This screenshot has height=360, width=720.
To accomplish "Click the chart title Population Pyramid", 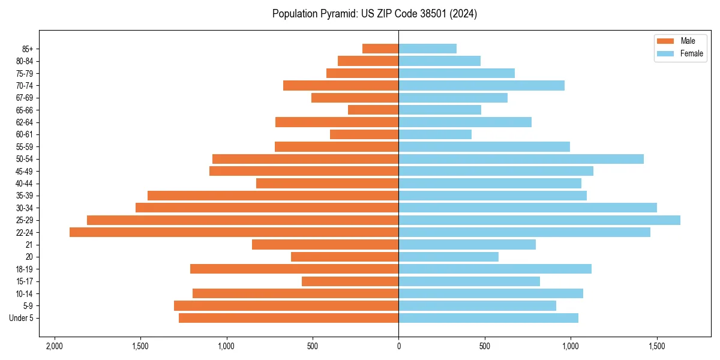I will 374,14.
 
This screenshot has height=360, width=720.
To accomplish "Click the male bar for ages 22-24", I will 234,232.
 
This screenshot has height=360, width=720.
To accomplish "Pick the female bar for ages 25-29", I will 539,220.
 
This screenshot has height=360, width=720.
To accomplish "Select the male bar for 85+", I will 380,49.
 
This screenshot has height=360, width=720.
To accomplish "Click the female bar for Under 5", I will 488,318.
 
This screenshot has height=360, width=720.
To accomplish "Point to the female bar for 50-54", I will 521,159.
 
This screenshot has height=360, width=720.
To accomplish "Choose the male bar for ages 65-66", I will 373,110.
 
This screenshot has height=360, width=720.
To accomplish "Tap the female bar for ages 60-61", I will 435,134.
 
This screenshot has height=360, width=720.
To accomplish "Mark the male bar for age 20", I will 345,257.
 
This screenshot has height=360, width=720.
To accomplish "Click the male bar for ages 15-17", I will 350,281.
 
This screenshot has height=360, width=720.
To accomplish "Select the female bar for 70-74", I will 481,85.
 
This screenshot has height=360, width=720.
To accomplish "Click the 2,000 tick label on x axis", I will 55,347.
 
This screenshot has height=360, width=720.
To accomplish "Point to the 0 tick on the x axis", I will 398,347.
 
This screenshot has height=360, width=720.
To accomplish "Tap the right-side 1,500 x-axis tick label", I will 656,347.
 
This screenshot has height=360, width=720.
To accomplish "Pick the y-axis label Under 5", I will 22,318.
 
